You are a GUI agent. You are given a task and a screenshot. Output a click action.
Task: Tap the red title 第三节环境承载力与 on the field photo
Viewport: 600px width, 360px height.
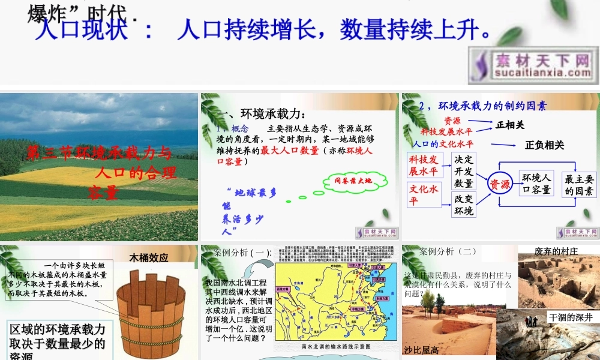[x=99, y=153]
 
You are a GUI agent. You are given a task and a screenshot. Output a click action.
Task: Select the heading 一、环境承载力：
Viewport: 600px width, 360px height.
[x=264, y=115]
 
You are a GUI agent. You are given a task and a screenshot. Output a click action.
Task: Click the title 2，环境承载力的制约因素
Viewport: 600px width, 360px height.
[x=483, y=106]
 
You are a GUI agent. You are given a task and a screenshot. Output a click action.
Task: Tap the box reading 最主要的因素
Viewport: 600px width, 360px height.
[x=580, y=185]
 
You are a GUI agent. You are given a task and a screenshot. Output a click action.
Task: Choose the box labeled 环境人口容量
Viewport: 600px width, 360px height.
[x=536, y=184]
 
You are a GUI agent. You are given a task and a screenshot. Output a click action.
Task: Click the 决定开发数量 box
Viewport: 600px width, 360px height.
[x=464, y=171]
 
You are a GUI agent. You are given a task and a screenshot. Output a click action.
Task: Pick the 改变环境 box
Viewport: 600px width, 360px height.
[x=464, y=205]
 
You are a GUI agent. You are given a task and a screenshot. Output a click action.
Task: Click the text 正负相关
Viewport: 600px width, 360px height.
[x=544, y=145]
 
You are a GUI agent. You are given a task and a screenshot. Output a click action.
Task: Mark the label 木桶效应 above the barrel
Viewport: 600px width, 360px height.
[x=149, y=258]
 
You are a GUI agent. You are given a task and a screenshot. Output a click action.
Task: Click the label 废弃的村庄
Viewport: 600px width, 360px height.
[x=556, y=251]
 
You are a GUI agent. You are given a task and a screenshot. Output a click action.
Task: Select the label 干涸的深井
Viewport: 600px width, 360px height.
[x=570, y=317]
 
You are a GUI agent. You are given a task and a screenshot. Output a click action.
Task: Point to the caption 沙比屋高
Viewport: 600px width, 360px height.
[x=421, y=350]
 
